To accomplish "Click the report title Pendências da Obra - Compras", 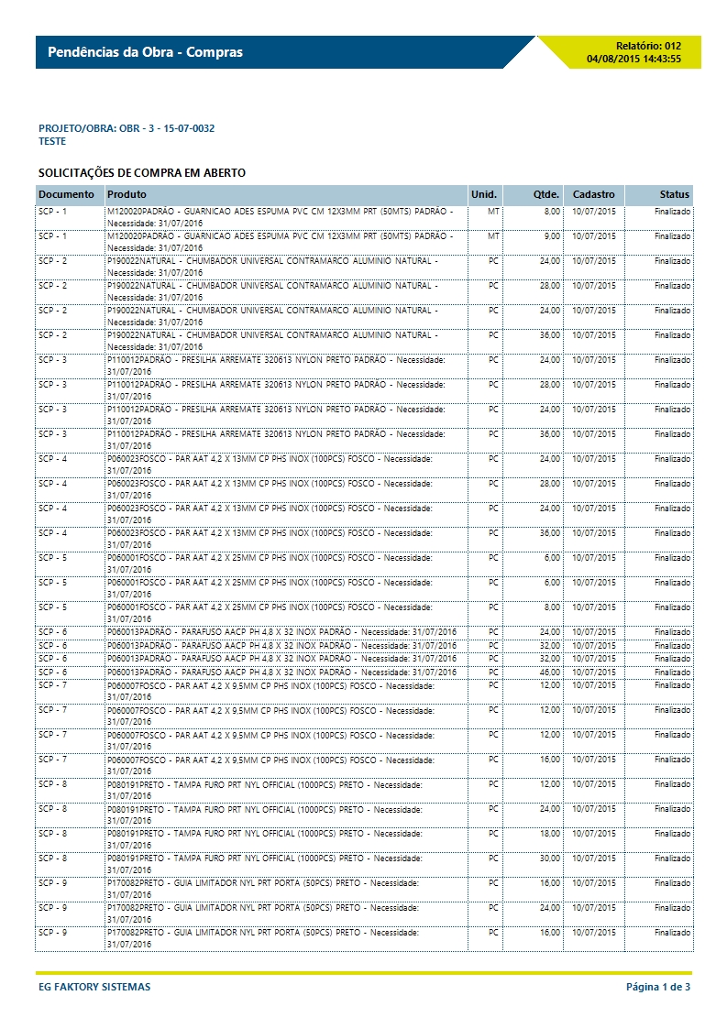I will (145, 52).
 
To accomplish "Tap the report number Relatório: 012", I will (648, 45).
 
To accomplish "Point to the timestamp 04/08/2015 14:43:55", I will (633, 59).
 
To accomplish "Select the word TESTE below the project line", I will (52, 142).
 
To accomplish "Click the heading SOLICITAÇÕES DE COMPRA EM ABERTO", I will (141, 173).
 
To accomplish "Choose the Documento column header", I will (66, 195).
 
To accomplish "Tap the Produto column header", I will (127, 195).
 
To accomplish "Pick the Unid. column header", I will (483, 195).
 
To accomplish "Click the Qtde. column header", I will (546, 195).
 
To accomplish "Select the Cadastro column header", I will (594, 195).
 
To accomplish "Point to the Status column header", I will (675, 195).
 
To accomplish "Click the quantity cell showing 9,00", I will (552, 236).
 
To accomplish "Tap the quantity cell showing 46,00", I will (550, 672).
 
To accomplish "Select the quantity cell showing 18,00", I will (550, 834).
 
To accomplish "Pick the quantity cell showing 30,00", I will (550, 858).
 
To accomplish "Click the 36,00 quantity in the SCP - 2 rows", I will (550, 335).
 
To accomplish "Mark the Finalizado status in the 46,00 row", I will (673, 672).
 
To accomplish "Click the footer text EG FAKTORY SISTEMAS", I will (94, 987).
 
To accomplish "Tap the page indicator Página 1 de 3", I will (657, 987).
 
